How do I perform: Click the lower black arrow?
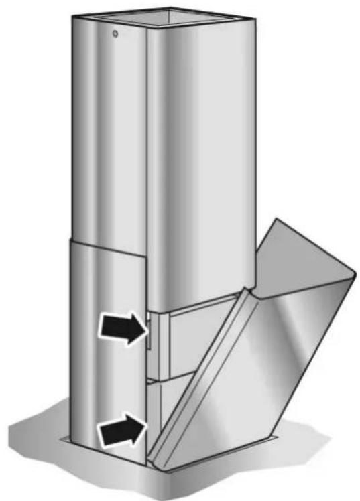[x=122, y=429]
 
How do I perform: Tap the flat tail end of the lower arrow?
[x=100, y=432]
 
